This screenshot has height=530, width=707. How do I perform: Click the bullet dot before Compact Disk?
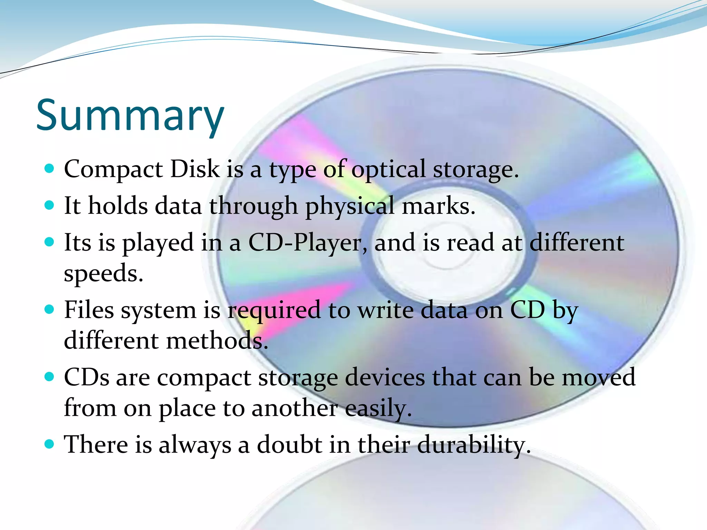click(x=50, y=168)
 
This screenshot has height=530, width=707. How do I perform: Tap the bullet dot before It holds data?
click(x=50, y=205)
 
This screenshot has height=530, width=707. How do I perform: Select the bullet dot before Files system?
click(x=50, y=309)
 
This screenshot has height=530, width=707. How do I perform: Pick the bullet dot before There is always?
click(x=50, y=444)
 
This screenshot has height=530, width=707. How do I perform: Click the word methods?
click(x=217, y=340)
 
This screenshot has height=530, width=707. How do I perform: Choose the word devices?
click(x=385, y=377)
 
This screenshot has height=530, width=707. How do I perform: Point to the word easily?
click(x=378, y=409)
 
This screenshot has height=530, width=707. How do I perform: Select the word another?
click(x=294, y=408)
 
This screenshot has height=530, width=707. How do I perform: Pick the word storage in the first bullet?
click(x=476, y=170)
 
